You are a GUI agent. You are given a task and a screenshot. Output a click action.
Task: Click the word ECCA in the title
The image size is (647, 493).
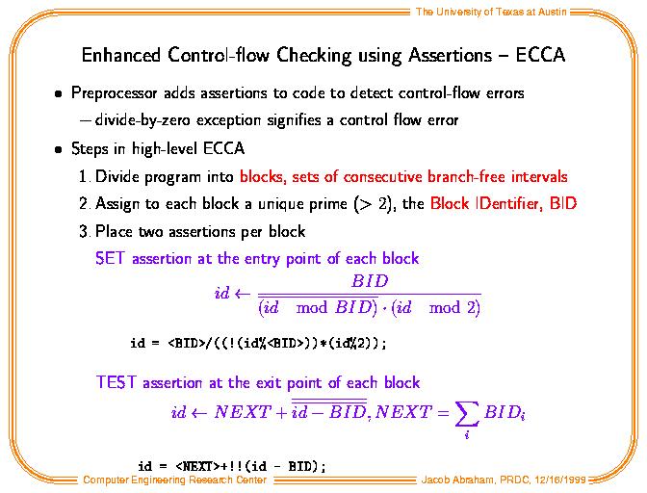click(540, 55)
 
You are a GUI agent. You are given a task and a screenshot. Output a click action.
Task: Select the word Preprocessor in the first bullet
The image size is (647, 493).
click(115, 93)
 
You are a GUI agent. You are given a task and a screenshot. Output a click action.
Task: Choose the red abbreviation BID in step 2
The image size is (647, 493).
click(563, 203)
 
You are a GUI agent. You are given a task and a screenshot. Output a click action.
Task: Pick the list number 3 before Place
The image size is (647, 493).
click(84, 231)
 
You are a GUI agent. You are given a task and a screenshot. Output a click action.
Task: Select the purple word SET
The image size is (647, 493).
click(110, 258)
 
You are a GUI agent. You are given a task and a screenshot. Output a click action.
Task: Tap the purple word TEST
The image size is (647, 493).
click(116, 382)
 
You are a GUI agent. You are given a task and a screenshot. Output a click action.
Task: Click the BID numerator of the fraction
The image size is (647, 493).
click(370, 281)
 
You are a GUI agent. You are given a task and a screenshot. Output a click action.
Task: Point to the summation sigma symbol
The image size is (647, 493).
click(467, 414)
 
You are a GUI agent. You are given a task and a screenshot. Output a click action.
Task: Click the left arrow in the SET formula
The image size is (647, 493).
click(243, 294)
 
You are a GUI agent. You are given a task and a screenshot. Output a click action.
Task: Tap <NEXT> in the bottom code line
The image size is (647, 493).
click(198, 466)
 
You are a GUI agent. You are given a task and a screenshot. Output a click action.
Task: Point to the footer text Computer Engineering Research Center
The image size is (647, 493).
click(175, 480)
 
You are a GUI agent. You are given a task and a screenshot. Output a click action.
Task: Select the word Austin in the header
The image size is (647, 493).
click(552, 12)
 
